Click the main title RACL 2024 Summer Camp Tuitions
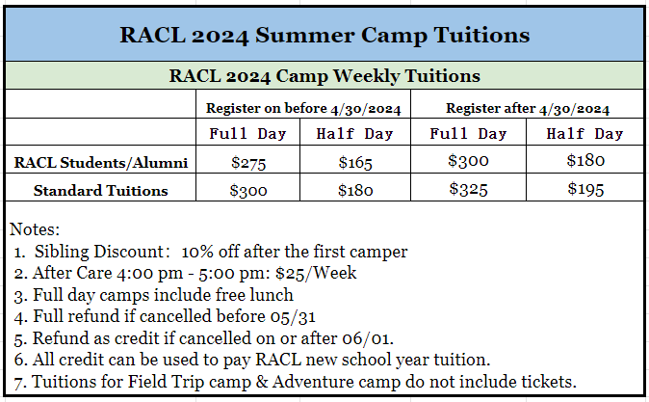pos(324,36)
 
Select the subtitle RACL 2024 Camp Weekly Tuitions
pos(324,76)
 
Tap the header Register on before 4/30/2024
pos(303,109)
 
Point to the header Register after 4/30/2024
pos(528,109)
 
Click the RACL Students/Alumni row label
pos(101,163)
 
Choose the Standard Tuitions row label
pos(100,191)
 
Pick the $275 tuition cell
pos(248,163)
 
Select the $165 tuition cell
pos(355,163)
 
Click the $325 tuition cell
pos(468,189)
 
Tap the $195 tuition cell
pos(585,189)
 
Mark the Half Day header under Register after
pos(584,134)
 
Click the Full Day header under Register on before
pos(247,134)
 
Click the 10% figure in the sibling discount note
pos(197,252)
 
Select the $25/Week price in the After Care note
pos(316,273)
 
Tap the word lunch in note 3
pos(272,295)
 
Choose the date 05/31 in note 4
pos(293,316)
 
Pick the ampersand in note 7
pos(262,382)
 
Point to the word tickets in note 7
pos(549,382)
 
